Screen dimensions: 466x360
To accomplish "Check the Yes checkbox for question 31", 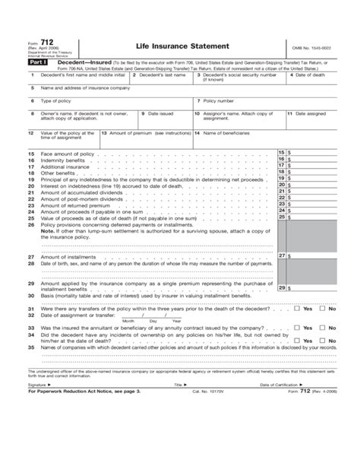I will (x=298, y=309).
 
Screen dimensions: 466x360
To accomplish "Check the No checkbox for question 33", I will (x=324, y=326).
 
